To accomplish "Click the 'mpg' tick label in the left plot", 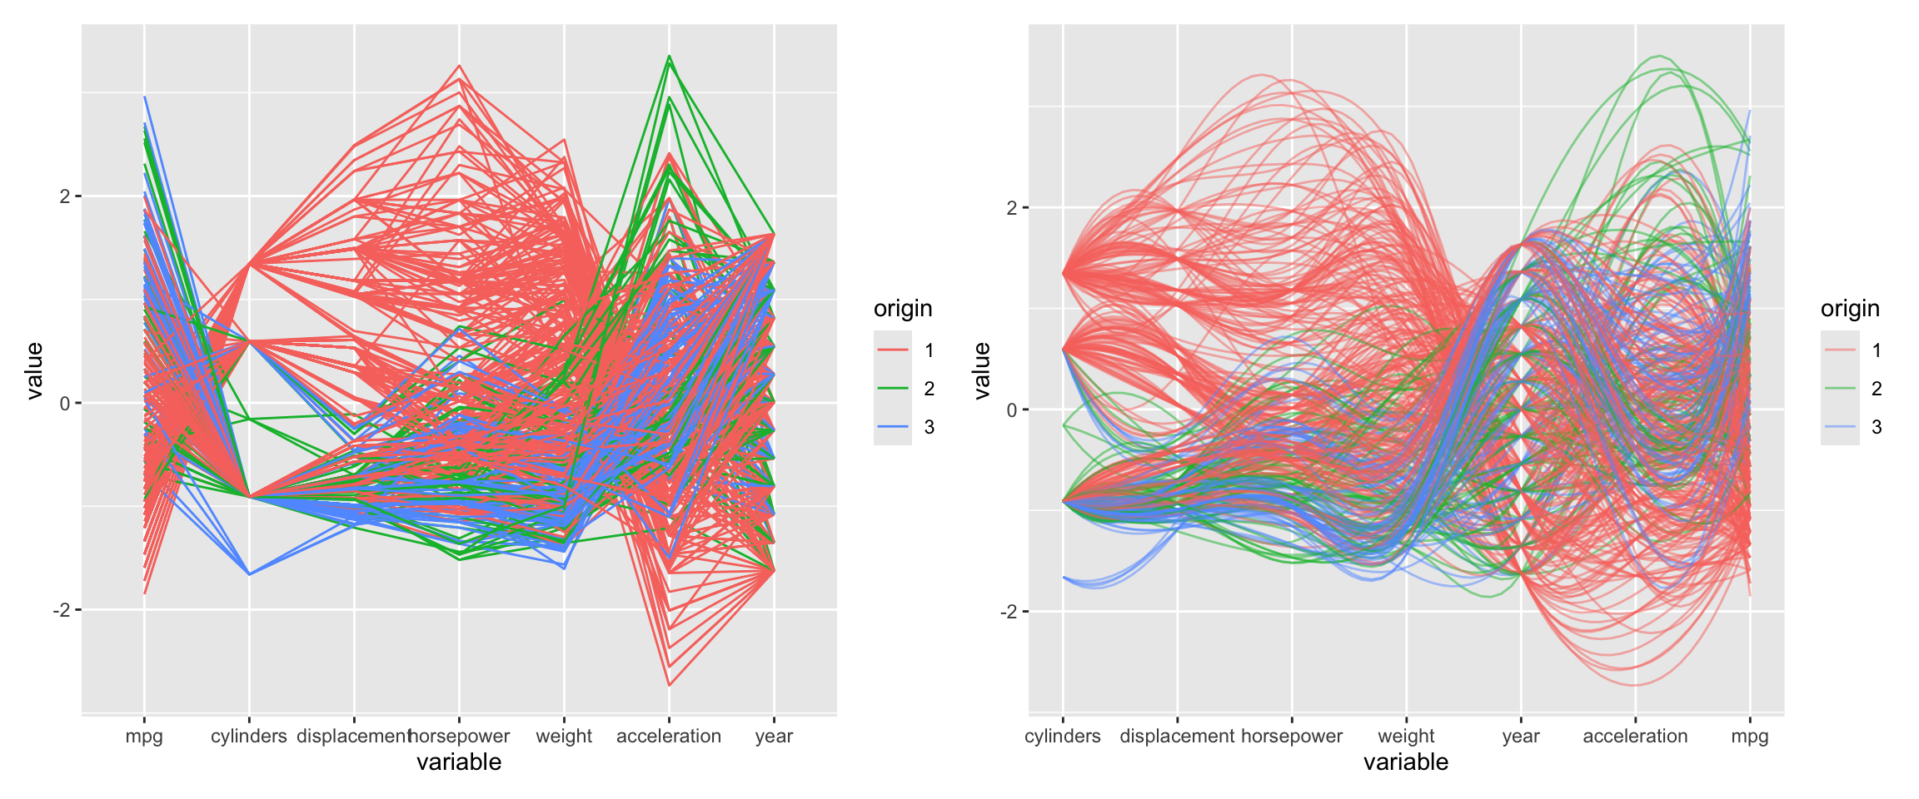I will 144,736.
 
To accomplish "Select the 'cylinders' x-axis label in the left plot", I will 248,736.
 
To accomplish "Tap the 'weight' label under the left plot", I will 564,736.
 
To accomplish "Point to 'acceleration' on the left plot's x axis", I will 669,736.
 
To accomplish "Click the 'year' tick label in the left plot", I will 774,736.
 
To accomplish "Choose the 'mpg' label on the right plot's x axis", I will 1749,736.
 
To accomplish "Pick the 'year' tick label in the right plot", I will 1521,736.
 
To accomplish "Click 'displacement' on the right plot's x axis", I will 1176,736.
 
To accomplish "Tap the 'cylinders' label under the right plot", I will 1062,736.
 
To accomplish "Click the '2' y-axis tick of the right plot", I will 1012,207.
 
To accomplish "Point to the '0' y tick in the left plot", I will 65,404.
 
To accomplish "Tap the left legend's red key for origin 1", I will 893,350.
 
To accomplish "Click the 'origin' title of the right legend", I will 1850,309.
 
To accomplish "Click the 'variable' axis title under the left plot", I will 459,762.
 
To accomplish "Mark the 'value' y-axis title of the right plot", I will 982,370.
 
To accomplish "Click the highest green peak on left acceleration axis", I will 669,57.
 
